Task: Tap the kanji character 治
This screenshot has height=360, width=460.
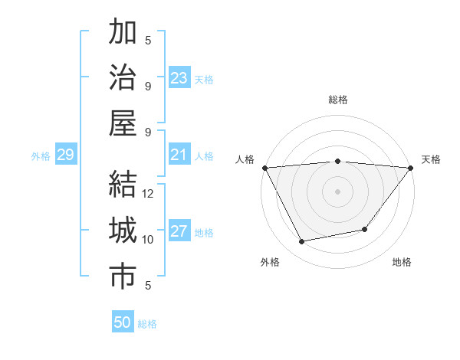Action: click(x=123, y=78)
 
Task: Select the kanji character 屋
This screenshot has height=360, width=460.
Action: click(x=123, y=123)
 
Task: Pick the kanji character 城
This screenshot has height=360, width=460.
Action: click(x=123, y=231)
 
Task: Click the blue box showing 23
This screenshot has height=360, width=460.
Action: click(x=179, y=78)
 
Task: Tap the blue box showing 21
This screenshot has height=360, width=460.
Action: click(x=179, y=155)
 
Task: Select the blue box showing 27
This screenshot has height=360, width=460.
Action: click(x=179, y=232)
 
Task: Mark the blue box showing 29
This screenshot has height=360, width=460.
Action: click(x=66, y=155)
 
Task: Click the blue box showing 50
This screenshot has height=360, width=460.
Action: click(x=123, y=322)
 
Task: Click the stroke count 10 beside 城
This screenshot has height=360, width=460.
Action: click(x=148, y=240)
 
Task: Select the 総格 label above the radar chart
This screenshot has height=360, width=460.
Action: click(x=338, y=100)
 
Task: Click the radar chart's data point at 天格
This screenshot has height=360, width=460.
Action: click(x=411, y=168)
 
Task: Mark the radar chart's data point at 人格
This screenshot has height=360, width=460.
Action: click(x=264, y=167)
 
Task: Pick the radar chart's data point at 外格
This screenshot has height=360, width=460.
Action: click(x=302, y=242)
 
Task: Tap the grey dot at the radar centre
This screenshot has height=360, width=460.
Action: click(x=338, y=191)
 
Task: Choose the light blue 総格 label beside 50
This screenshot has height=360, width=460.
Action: click(x=147, y=324)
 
